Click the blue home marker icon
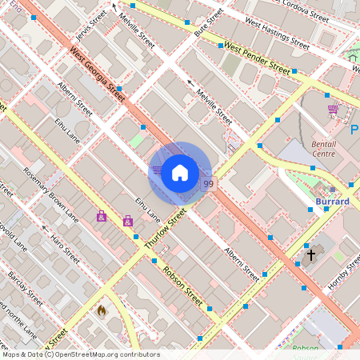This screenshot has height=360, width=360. click(x=180, y=172)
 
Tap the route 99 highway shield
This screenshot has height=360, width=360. click(x=208, y=184)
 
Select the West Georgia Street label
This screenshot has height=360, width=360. click(x=98, y=74)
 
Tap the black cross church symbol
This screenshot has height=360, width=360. click(x=311, y=256)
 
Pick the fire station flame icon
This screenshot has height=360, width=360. click(x=102, y=310)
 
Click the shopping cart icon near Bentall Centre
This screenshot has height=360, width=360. click(x=332, y=110)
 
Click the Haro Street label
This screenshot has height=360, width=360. click(x=65, y=245)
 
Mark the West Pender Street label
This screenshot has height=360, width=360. click(x=256, y=59)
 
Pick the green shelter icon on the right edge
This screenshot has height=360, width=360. click(x=352, y=56)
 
